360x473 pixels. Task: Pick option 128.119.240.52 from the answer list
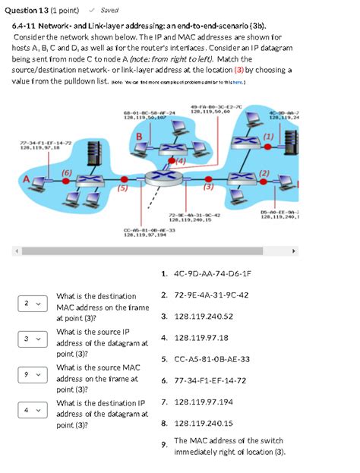[x=203, y=317]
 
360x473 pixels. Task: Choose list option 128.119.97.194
[x=203, y=402]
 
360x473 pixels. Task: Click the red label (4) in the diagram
[x=180, y=161]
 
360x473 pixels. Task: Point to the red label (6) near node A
[x=66, y=173]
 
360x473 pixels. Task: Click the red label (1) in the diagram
[x=269, y=136]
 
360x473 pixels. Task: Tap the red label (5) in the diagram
[x=122, y=189]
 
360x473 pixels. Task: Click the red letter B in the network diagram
[x=139, y=135]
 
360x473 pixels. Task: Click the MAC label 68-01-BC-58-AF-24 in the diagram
[x=149, y=112]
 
